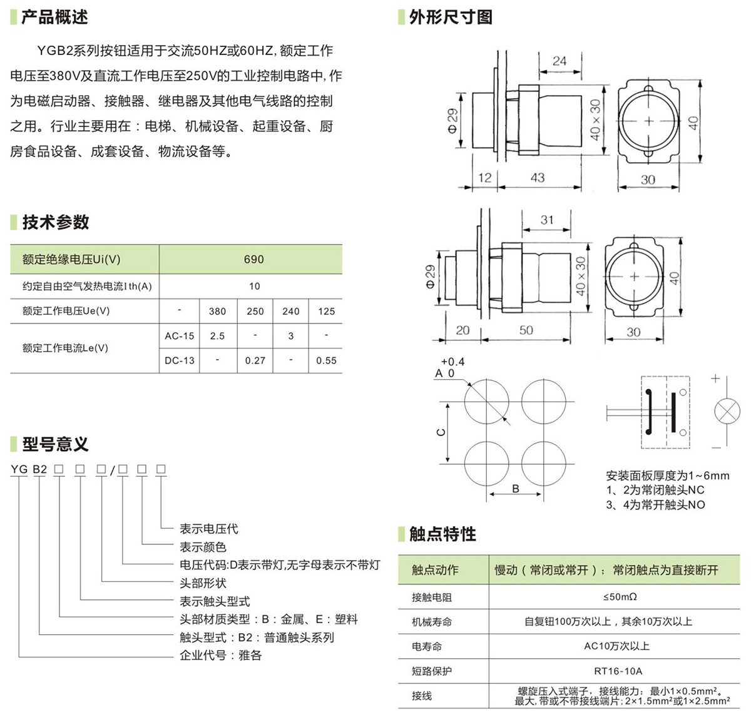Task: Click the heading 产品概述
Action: (x=54, y=17)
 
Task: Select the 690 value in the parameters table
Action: (x=253, y=259)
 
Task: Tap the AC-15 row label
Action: (x=180, y=336)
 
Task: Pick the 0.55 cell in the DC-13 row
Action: (x=326, y=360)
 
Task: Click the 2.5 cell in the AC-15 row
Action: (x=217, y=336)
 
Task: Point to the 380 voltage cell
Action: (x=217, y=311)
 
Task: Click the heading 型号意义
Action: (x=55, y=444)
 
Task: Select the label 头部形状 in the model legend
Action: (x=203, y=583)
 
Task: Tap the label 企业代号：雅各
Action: (x=220, y=656)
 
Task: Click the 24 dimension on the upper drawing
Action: (x=559, y=61)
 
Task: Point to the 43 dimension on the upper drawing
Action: (x=537, y=178)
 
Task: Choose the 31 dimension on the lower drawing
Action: (x=547, y=220)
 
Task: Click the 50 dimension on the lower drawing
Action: (x=526, y=330)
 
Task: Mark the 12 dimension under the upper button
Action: (x=485, y=178)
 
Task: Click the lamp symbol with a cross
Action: (x=727, y=413)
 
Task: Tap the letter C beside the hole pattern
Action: (x=441, y=432)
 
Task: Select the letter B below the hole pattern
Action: (x=516, y=489)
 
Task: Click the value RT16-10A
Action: (x=618, y=671)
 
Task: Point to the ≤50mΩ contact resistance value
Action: (x=620, y=597)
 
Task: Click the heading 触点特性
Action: (x=442, y=534)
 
